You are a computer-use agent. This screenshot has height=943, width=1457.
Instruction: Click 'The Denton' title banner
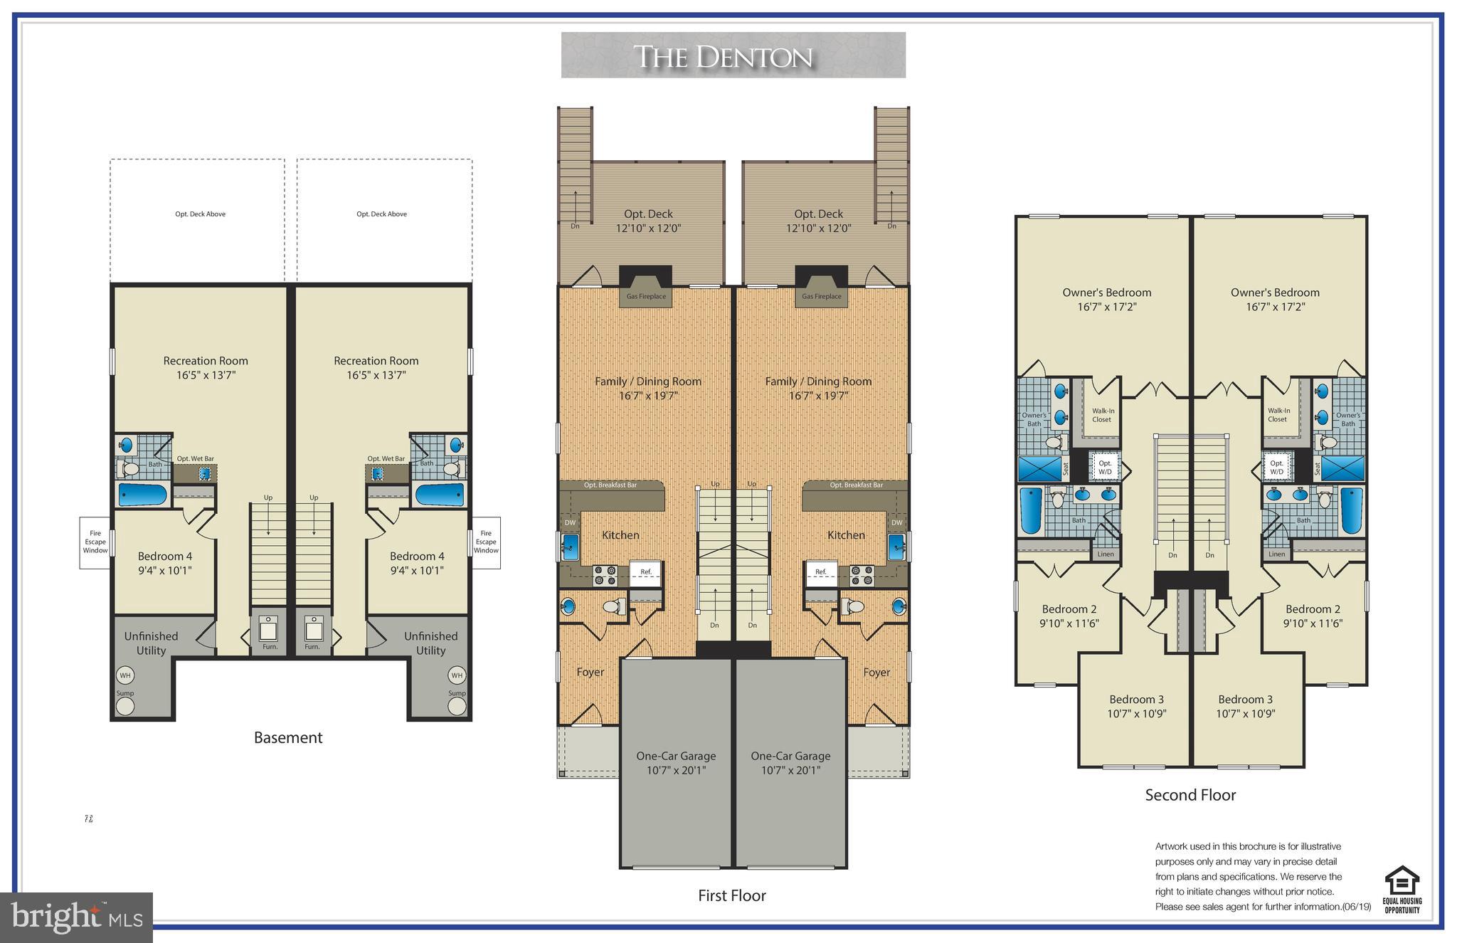733,56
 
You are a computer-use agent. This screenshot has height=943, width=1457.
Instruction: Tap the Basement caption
288,738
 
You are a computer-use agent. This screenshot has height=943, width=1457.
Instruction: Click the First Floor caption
731,896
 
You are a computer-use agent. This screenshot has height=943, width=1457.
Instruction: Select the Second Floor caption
1190,796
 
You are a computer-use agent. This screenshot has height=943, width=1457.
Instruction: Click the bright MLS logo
76,917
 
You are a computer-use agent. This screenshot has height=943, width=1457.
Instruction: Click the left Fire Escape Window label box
95,542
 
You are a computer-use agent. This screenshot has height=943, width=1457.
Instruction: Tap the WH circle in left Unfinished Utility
125,675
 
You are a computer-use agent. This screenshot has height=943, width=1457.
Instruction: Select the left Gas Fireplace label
646,297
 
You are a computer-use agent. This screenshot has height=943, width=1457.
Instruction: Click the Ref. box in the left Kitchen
646,573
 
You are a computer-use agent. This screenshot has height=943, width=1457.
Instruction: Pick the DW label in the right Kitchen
896,523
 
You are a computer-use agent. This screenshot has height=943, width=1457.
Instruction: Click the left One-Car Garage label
676,763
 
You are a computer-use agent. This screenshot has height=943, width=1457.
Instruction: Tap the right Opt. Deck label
818,221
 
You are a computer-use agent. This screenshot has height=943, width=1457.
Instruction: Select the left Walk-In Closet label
1103,416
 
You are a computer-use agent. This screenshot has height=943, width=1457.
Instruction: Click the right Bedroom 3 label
1245,707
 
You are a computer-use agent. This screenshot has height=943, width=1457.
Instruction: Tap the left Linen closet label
1106,554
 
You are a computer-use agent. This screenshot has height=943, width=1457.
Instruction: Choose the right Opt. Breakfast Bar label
856,485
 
